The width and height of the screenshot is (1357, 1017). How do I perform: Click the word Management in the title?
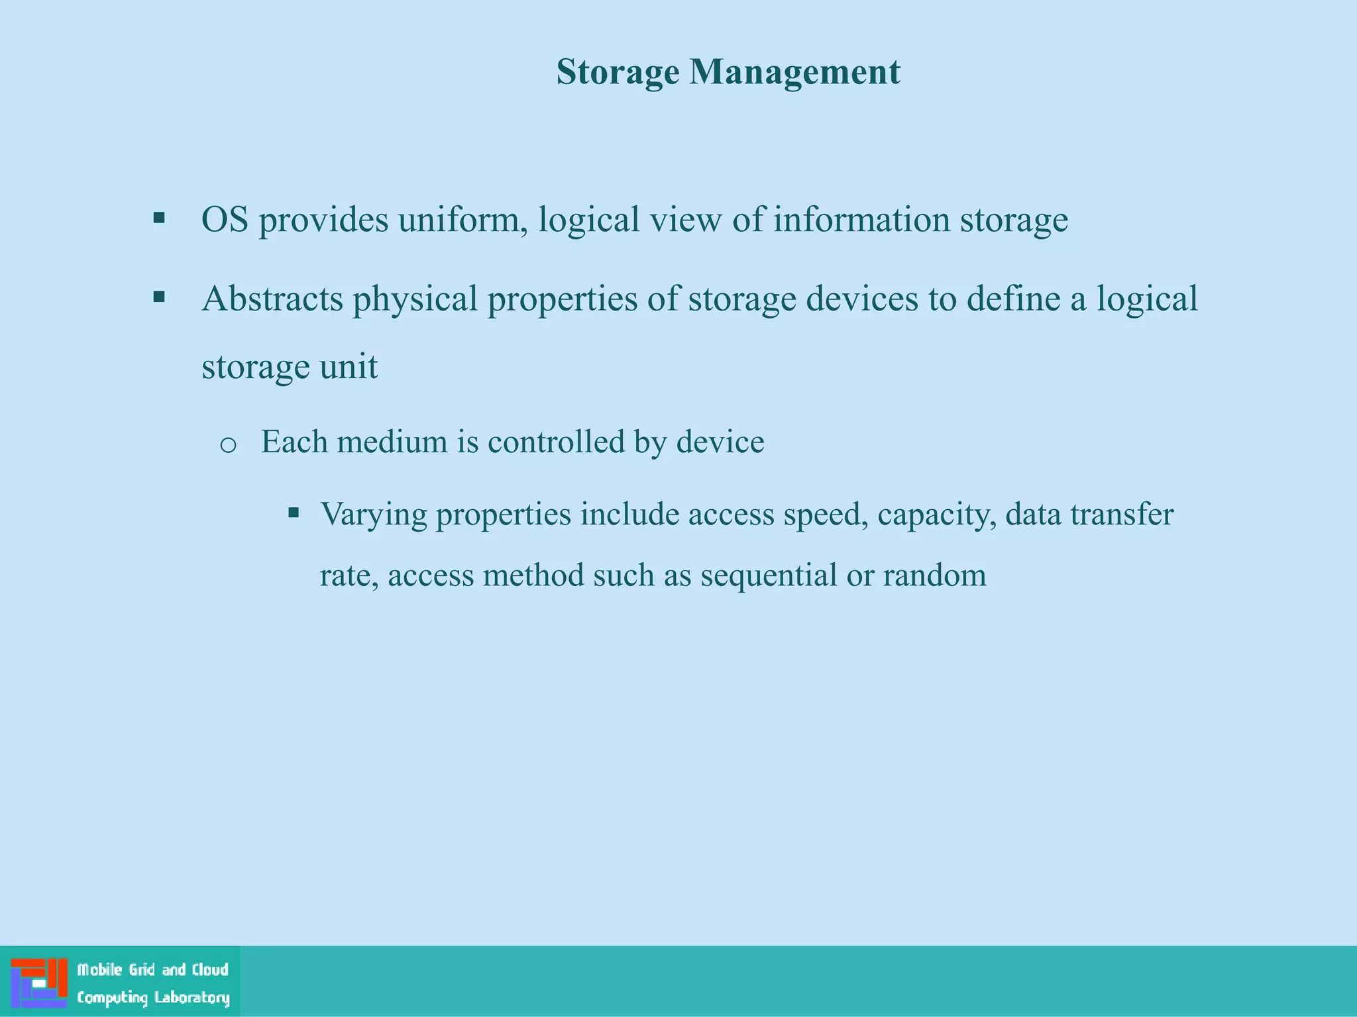794,72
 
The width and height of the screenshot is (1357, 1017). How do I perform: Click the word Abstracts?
272,299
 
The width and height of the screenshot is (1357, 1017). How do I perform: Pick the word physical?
415,300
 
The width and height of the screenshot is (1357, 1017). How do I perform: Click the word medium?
392,442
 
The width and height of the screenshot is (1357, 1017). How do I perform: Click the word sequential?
769,575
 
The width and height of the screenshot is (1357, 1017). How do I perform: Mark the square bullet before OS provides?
159,218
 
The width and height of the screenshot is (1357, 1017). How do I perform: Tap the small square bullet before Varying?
294,512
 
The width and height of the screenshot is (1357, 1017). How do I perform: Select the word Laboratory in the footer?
191,997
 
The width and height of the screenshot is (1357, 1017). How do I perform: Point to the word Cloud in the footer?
210,970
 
